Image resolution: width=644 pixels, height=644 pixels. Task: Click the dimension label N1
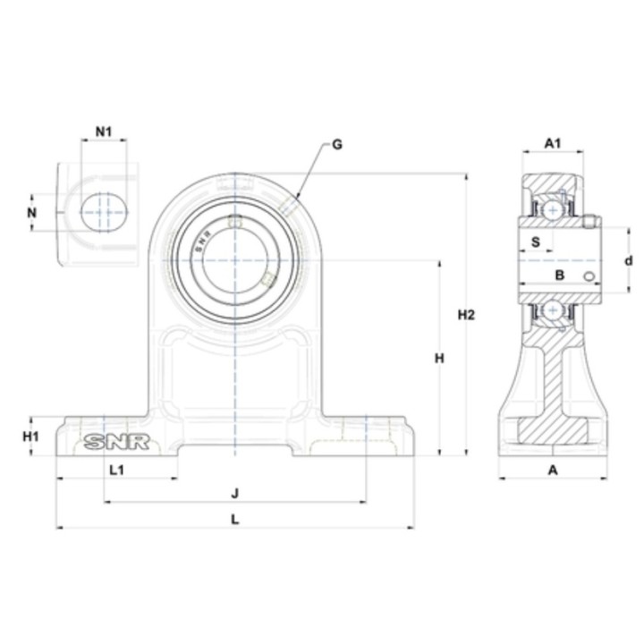(104, 131)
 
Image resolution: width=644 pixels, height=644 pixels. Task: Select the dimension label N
(31, 213)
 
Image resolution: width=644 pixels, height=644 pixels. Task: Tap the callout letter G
(337, 145)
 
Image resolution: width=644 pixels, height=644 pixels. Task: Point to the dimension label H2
(466, 315)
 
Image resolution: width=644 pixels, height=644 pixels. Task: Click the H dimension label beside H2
(439, 359)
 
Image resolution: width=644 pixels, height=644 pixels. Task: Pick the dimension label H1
(30, 436)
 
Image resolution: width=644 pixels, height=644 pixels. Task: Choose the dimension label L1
(117, 470)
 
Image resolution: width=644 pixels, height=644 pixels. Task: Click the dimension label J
(234, 493)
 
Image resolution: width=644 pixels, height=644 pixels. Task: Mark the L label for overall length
(234, 520)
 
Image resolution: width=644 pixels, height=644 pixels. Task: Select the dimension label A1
(553, 143)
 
